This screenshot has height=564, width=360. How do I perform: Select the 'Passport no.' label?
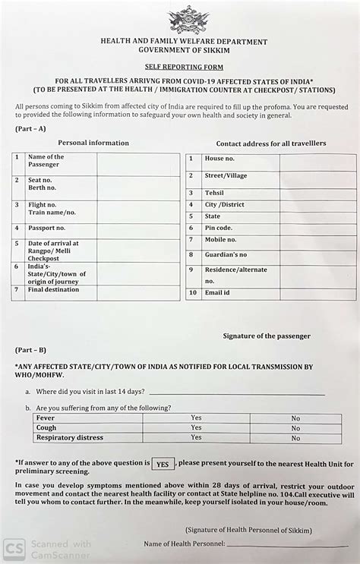click(x=47, y=228)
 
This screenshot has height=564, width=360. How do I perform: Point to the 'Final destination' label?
click(x=53, y=289)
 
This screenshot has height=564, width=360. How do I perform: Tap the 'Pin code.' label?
click(x=219, y=228)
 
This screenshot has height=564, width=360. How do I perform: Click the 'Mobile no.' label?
click(x=221, y=240)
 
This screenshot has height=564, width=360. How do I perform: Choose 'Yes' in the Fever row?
click(x=196, y=417)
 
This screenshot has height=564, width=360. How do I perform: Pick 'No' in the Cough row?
click(x=295, y=427)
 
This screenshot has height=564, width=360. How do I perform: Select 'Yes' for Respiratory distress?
click(x=196, y=437)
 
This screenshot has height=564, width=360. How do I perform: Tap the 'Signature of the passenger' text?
click(x=267, y=336)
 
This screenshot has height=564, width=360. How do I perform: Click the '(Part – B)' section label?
click(x=30, y=351)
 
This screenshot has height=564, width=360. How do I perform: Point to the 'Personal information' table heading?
click(x=93, y=143)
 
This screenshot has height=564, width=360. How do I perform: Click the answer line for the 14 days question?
click(x=237, y=393)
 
